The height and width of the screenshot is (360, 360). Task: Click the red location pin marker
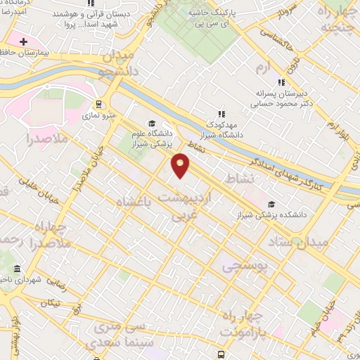pos(181,165)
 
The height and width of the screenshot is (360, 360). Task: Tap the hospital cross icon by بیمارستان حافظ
pos(23,43)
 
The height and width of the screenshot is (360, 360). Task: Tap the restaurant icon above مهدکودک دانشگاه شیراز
pos(221,112)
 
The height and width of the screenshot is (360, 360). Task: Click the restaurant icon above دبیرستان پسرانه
pos(282,82)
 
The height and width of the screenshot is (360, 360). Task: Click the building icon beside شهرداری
pos(17,269)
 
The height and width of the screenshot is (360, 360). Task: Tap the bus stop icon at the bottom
pos(221,354)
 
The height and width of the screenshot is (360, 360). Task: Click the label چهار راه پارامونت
pos(242,322)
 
